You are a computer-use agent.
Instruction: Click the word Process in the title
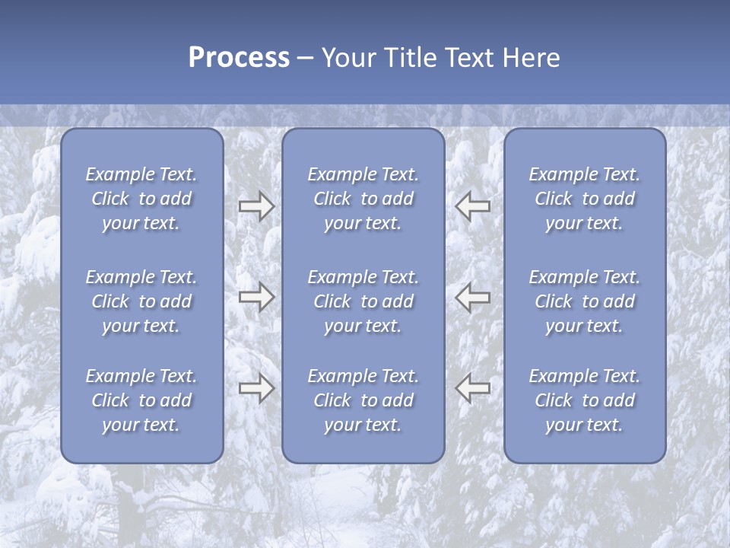tap(239, 58)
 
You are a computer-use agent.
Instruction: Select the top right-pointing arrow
tap(256, 206)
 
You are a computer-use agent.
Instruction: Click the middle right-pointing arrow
tap(256, 297)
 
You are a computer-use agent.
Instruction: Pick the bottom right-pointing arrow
tap(256, 388)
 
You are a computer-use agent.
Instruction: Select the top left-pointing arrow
tap(473, 206)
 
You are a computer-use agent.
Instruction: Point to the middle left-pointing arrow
tap(473, 297)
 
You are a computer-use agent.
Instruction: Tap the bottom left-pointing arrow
tap(473, 388)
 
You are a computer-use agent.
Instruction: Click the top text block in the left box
tap(141, 199)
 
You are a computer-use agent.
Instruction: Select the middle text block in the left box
tap(141, 301)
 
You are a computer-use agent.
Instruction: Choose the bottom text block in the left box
tap(141, 400)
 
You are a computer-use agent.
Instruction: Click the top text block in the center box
tap(363, 199)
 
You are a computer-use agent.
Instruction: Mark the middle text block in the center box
tap(363, 301)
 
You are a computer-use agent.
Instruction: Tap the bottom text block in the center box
tap(363, 400)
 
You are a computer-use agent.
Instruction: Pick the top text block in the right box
tap(584, 199)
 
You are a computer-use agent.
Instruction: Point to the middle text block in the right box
tap(584, 301)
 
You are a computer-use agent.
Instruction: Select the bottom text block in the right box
tap(584, 400)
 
